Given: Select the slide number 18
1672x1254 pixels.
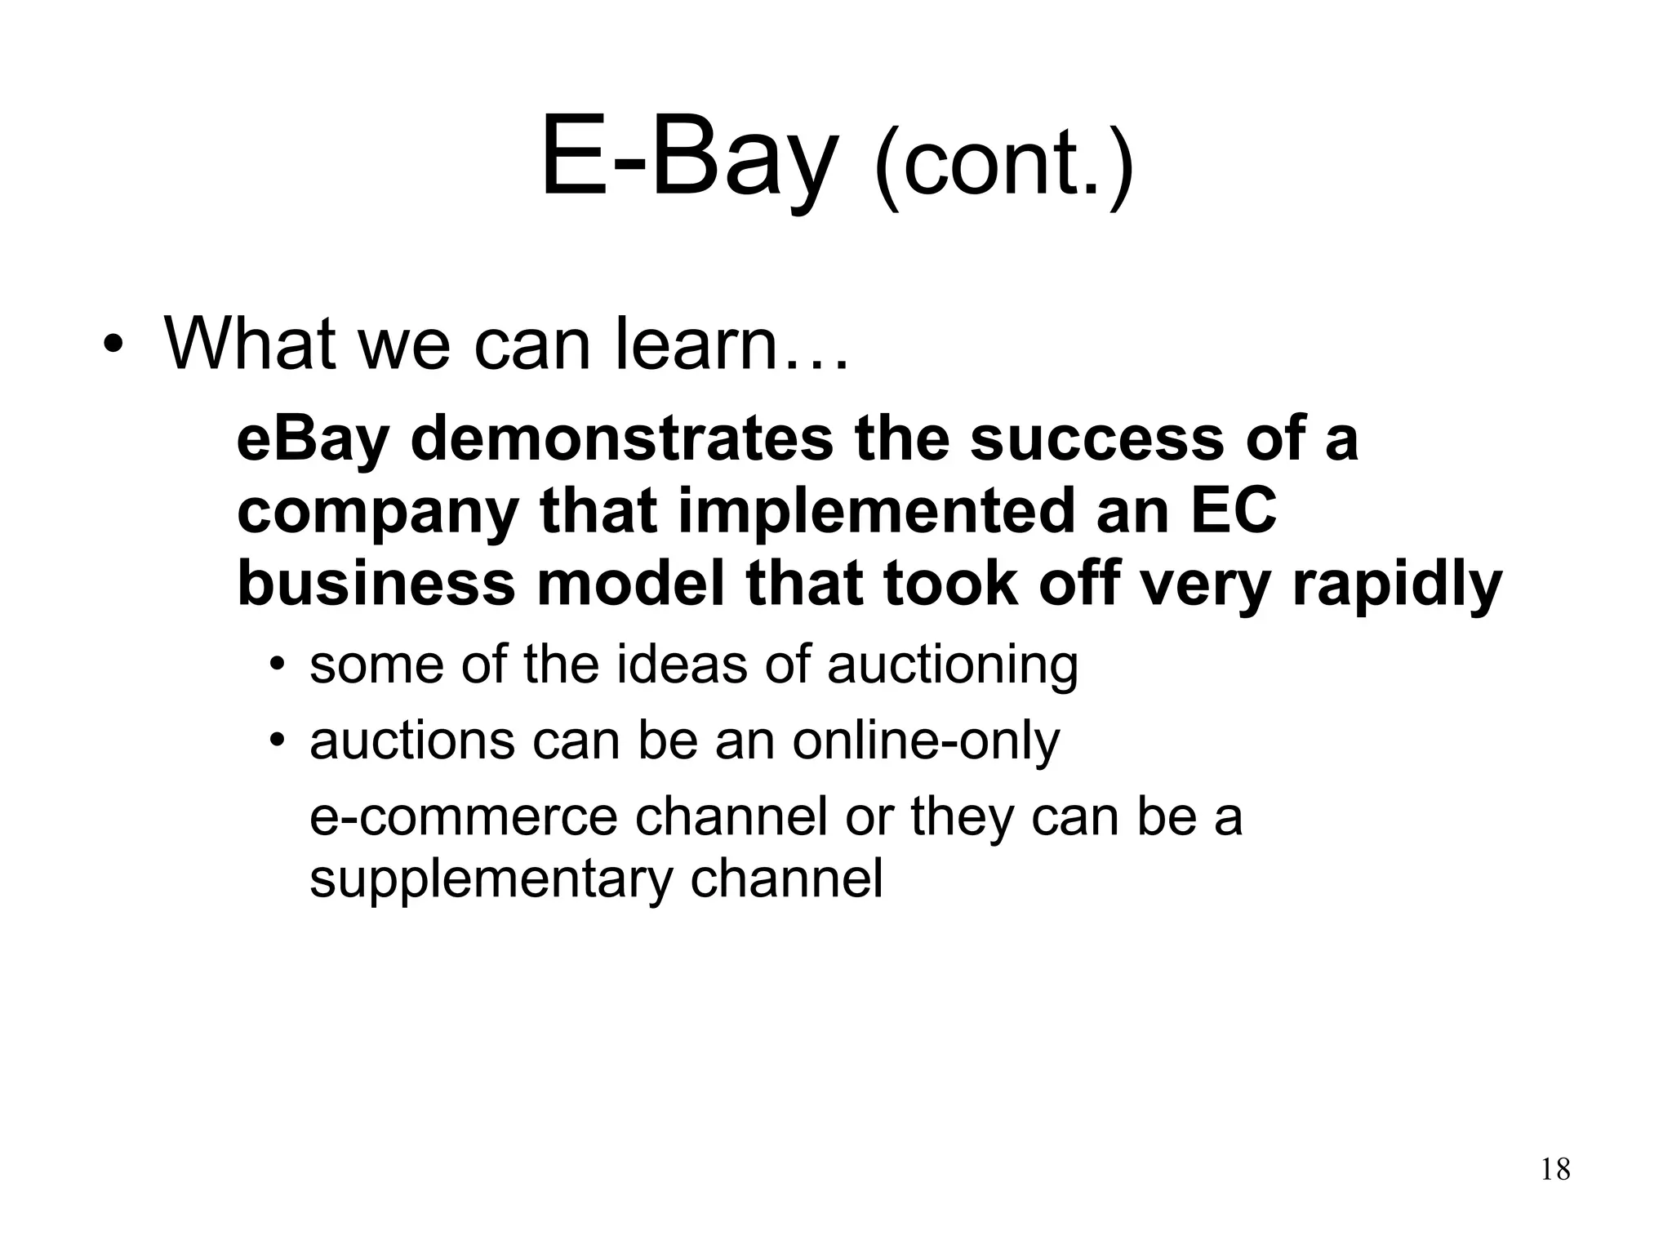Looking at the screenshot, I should (1555, 1170).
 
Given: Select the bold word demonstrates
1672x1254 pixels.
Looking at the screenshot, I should (621, 438).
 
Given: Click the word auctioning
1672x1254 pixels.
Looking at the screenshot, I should (953, 665).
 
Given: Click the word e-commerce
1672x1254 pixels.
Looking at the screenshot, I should (463, 816).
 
